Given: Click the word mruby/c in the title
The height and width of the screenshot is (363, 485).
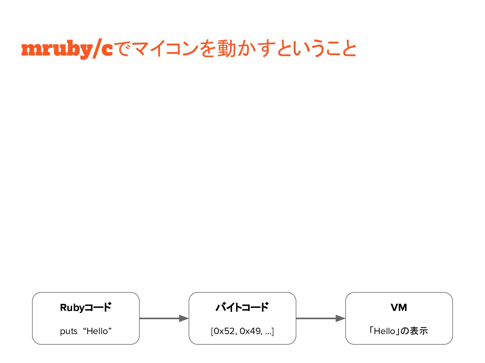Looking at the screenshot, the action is pos(67,49).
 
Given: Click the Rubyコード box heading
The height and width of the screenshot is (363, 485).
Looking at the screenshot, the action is pos(86,307).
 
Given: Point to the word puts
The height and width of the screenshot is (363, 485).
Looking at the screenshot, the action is pos(69,331).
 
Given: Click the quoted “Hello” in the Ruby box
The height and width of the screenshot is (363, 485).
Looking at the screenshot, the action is pos(97,331).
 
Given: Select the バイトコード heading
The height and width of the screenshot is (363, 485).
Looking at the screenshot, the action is pos(242,307).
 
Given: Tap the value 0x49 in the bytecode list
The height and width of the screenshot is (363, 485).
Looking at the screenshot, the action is pos(250,331).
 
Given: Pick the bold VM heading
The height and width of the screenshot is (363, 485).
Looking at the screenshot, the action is pos(399,307).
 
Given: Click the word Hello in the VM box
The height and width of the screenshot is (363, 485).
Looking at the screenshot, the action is pos(384,331).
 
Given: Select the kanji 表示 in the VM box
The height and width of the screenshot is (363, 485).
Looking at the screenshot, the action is pos(419,331).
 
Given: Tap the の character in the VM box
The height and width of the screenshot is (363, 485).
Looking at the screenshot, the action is pos(405,331).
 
